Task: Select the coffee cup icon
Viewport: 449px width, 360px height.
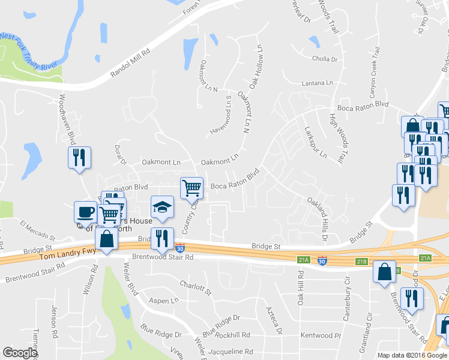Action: pyautogui.click(x=85, y=212)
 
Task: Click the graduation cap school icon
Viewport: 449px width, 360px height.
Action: pyautogui.click(x=161, y=207)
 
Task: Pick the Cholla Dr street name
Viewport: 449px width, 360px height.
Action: pyautogui.click(x=325, y=59)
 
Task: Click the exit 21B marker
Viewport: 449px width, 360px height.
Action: pyautogui.click(x=361, y=262)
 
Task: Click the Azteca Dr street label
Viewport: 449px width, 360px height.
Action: pyautogui.click(x=274, y=319)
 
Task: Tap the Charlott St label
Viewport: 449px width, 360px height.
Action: pyautogui.click(x=195, y=287)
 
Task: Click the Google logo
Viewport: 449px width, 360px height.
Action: pyautogui.click(x=20, y=353)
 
